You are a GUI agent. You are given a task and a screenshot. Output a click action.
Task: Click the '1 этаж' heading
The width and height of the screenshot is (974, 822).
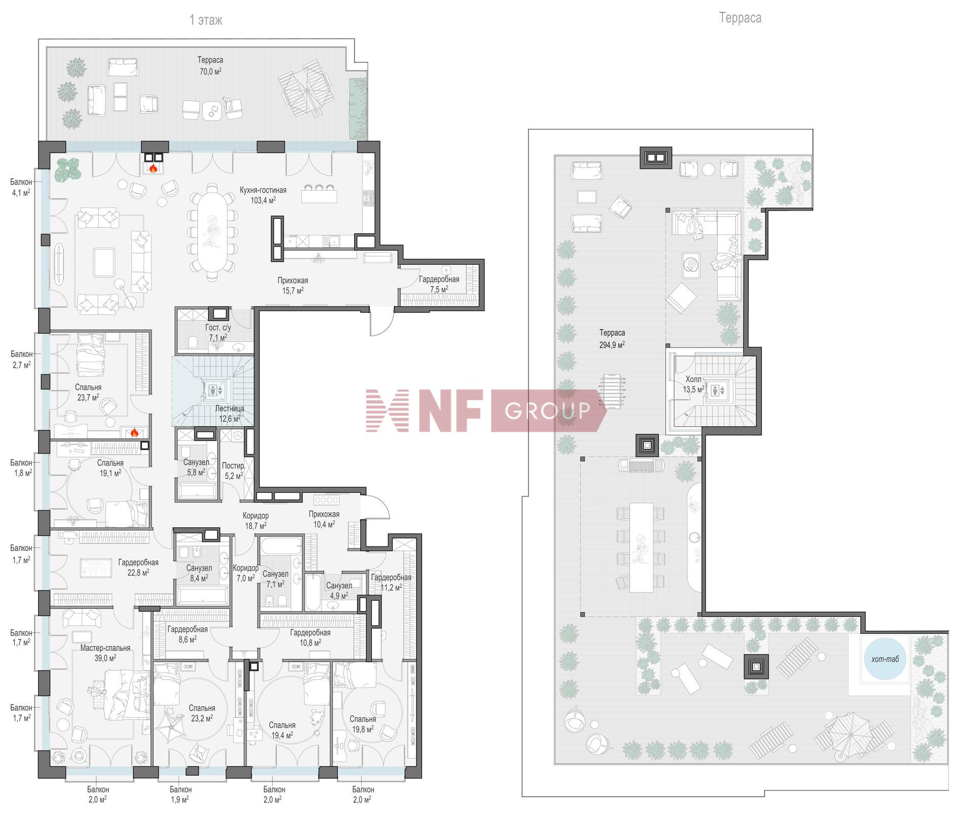pyautogui.click(x=206, y=20)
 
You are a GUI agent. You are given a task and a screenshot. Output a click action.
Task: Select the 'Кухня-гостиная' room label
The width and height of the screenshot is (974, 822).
pyautogui.click(x=263, y=190)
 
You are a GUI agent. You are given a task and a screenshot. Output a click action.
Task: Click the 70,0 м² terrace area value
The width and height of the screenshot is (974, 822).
pyautogui.click(x=210, y=72)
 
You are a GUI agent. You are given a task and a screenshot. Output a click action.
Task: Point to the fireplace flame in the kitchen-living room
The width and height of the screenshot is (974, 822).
pyautogui.click(x=153, y=167)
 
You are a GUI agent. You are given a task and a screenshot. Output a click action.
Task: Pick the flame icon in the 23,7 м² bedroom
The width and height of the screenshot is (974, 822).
pyautogui.click(x=134, y=432)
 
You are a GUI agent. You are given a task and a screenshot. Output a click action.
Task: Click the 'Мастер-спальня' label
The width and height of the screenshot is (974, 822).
pyautogui.click(x=106, y=648)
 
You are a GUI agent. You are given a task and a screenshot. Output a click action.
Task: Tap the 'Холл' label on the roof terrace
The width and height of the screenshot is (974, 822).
pyautogui.click(x=693, y=379)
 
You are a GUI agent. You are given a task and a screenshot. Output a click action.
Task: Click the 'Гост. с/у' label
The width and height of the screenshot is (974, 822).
pyautogui.click(x=218, y=328)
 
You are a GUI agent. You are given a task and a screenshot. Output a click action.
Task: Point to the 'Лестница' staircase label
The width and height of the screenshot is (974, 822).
pyautogui.click(x=230, y=408)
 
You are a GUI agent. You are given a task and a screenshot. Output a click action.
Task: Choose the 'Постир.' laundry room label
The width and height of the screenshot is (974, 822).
pyautogui.click(x=234, y=466)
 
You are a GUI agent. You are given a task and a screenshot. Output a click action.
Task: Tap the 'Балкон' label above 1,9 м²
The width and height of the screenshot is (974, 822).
pyautogui.click(x=181, y=790)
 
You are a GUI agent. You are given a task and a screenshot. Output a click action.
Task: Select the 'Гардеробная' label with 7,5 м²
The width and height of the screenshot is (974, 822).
pyautogui.click(x=439, y=279)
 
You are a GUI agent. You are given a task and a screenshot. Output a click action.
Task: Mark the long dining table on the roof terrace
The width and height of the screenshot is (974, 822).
pyautogui.click(x=641, y=547)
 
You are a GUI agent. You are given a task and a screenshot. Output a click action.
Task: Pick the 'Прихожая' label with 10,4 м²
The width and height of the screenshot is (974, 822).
pyautogui.click(x=324, y=514)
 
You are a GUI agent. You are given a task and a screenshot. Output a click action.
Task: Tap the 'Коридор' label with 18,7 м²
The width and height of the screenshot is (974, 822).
pyautogui.click(x=256, y=516)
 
